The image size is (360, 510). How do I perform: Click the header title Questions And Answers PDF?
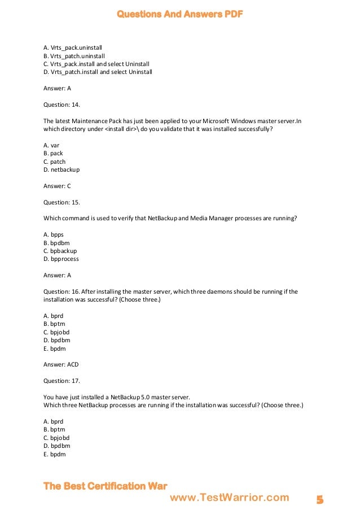point(179,14)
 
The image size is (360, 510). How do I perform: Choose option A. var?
point(51,145)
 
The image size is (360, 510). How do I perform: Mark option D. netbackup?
point(62,169)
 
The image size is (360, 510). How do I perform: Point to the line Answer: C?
point(57,186)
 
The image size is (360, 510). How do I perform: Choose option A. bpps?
point(54,234)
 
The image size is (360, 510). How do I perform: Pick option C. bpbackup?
point(60,251)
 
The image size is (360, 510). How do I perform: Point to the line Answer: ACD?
point(61,364)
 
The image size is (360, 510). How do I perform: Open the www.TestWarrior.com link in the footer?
point(229,498)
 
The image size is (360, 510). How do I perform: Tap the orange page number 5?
point(320,500)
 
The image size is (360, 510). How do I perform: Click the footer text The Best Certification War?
point(106,486)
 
